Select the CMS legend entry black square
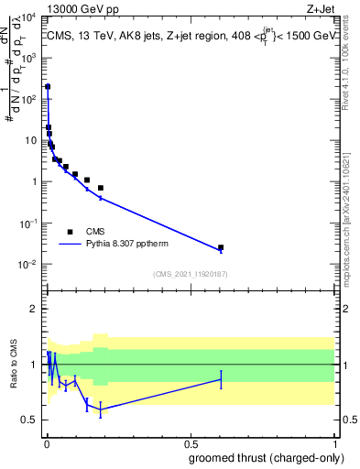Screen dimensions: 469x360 pos(70,232)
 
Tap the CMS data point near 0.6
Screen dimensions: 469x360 pos(221,247)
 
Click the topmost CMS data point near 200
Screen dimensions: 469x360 pos(48,87)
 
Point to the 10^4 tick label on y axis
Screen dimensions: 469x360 pos(27,17)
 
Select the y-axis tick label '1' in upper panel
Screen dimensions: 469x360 pos(34,181)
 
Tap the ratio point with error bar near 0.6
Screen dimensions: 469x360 pos(221,379)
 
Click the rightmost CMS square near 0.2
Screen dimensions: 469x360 pos(101,188)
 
